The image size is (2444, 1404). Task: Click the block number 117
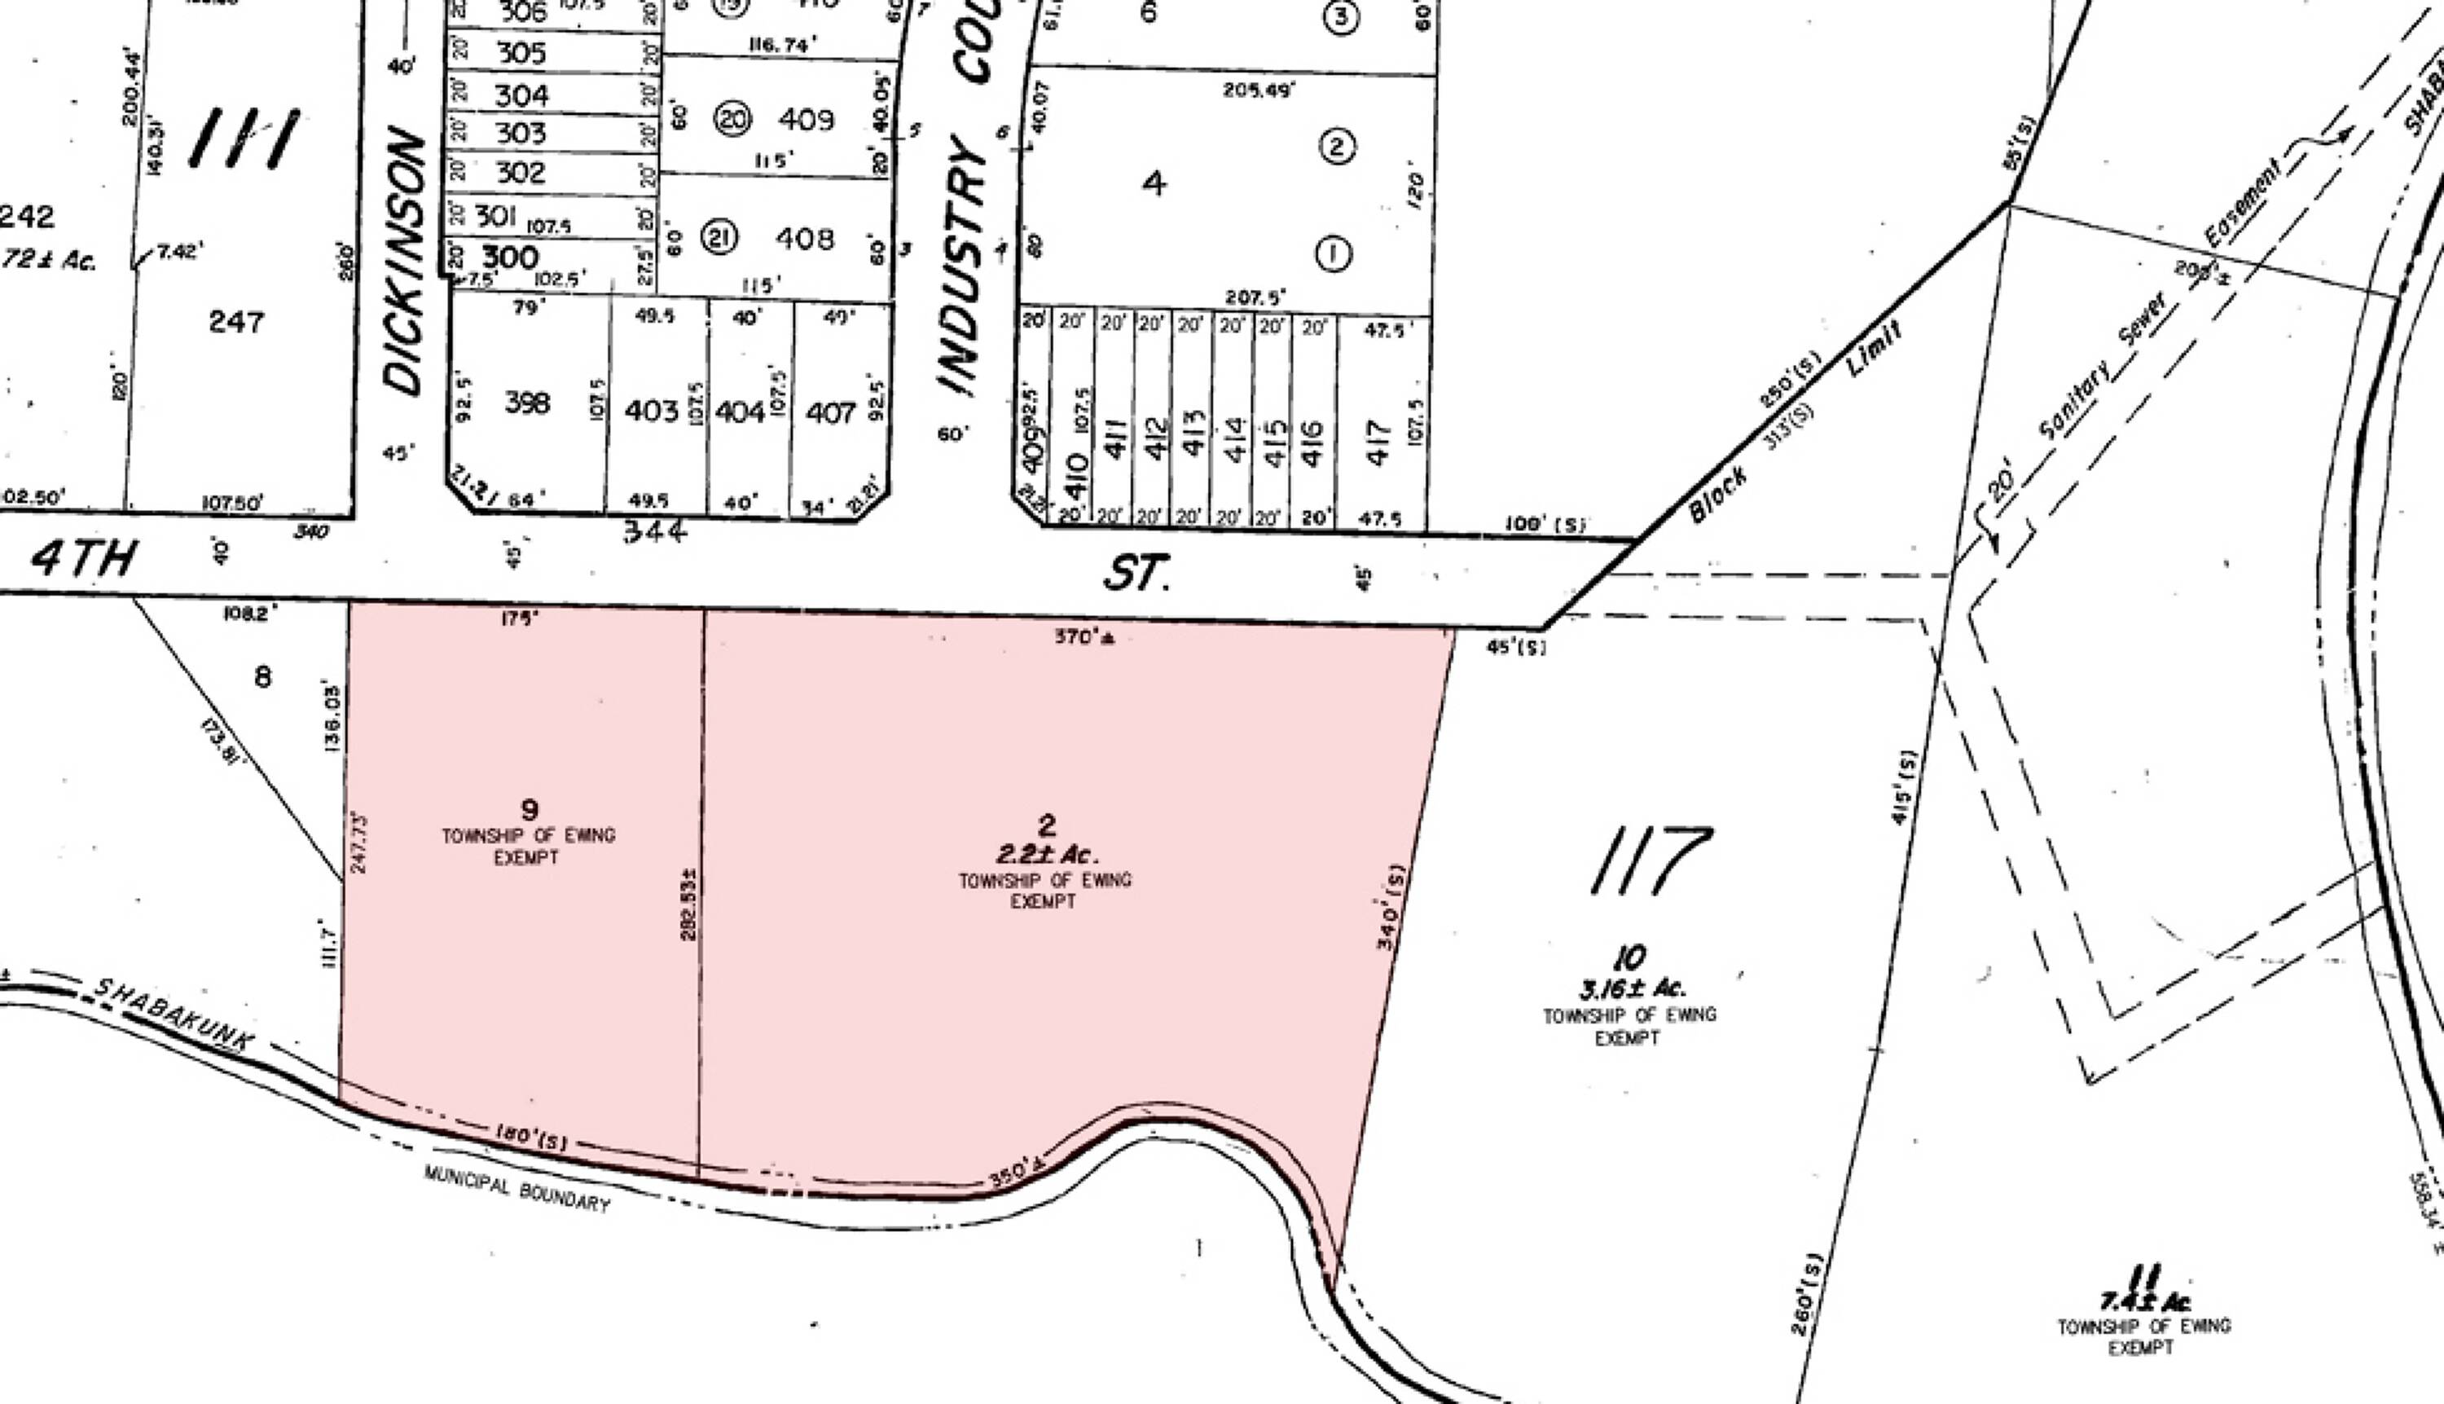[1650, 860]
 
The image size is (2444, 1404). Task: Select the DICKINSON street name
[404, 262]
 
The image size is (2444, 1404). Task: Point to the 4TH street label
[84, 558]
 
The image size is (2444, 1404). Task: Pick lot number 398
[527, 403]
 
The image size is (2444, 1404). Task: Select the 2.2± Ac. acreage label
[1047, 854]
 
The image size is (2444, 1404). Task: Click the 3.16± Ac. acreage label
[1631, 988]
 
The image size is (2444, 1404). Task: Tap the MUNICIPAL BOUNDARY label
[516, 1189]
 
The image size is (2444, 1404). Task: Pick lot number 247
[236, 321]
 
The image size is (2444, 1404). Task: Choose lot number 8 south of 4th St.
[262, 677]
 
